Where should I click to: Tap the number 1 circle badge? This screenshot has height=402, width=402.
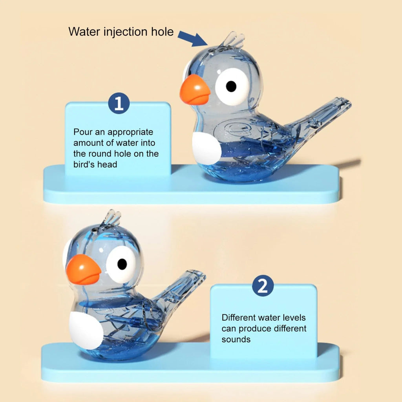tap(119, 103)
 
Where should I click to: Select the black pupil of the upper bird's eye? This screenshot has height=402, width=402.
tap(231, 86)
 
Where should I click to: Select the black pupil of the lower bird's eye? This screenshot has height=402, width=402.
tap(122, 264)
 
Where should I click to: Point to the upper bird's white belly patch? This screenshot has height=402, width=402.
tap(206, 148)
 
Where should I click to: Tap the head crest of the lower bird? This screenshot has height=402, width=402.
tap(111, 217)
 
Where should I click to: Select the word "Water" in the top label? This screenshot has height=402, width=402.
tap(84, 31)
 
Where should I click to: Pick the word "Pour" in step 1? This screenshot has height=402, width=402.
tap(83, 132)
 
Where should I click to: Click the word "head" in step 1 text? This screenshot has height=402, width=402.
tap(107, 164)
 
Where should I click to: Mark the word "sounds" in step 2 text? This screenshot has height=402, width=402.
tap(236, 339)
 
